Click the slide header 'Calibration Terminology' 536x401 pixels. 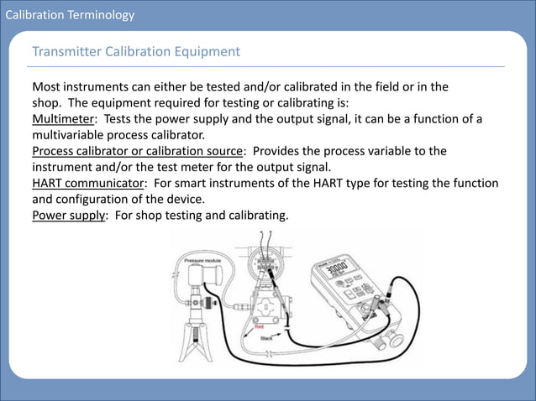(x=67, y=14)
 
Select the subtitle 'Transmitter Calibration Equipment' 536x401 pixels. (x=135, y=52)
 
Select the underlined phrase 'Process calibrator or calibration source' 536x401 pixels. (x=137, y=151)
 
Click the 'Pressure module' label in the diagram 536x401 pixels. (x=201, y=262)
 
